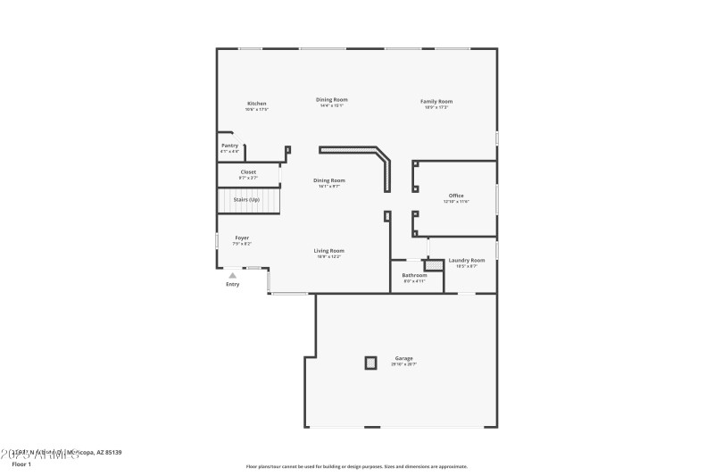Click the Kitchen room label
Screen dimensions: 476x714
coord(257,104)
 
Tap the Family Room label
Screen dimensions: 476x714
coord(436,102)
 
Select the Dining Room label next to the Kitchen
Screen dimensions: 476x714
coord(332,100)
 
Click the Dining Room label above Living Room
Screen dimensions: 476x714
coord(330,180)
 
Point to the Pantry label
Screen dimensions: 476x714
coord(229,146)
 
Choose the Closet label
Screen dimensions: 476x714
coord(248,171)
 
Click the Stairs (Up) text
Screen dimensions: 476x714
coord(246,200)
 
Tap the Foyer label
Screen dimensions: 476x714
coord(242,238)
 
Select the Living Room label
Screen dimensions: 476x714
coord(329,251)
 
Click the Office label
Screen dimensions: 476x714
coord(456,196)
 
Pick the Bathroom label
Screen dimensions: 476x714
coord(414,275)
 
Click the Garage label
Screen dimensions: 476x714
coord(403,358)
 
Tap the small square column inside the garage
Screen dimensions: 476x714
coord(370,363)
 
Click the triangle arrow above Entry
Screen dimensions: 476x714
coord(233,276)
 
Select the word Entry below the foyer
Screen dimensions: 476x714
coord(233,285)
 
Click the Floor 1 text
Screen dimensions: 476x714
coord(21,464)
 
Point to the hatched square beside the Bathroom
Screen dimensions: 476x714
coord(434,265)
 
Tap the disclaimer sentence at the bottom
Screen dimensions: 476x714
coord(356,466)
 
